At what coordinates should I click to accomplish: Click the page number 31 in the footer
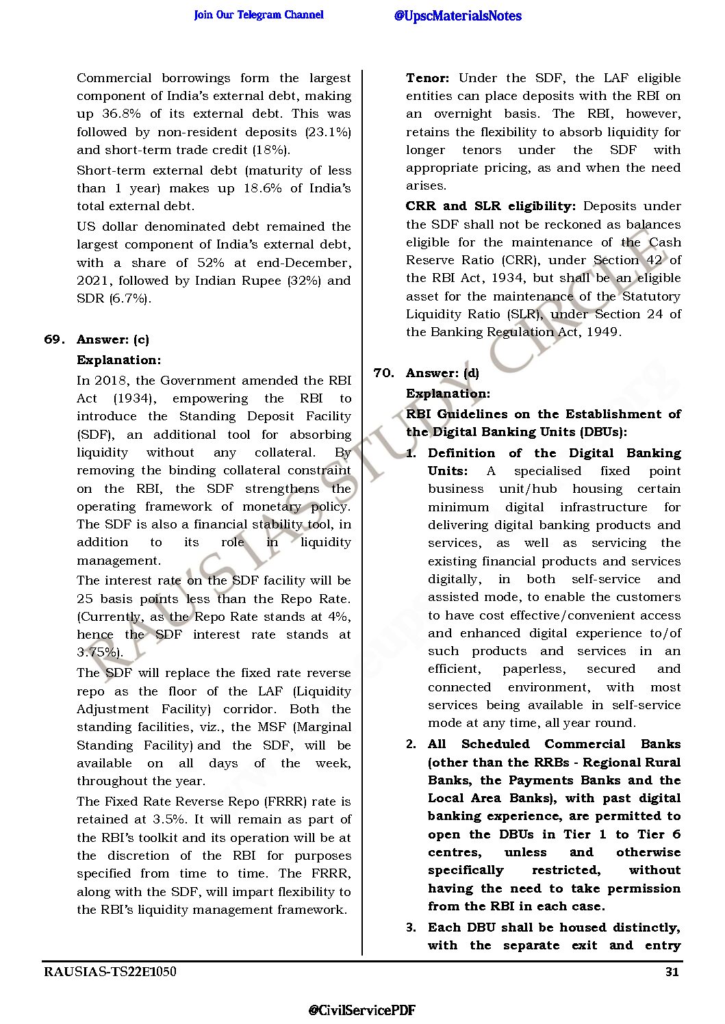coord(672,971)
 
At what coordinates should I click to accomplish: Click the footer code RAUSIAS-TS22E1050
coord(110,971)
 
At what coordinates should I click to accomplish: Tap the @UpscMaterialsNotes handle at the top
coord(457,16)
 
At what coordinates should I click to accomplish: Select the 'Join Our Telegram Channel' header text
coord(259,15)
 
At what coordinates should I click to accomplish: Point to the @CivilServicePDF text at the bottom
coord(361,1010)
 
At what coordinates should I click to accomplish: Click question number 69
coord(54,340)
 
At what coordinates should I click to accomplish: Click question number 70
coord(383,373)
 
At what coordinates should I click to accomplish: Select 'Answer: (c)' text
coord(113,340)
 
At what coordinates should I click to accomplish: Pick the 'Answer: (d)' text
coord(442,373)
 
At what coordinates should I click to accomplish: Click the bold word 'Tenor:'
coord(427,78)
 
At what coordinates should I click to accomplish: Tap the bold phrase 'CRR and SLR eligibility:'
coord(490,206)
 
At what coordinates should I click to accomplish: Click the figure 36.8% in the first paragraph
coord(120,114)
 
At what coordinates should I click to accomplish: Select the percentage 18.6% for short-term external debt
coord(262,188)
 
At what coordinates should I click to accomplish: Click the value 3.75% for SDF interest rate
coord(99,652)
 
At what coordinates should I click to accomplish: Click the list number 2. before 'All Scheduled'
coord(411,744)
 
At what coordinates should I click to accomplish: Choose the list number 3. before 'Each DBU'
coord(411,927)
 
